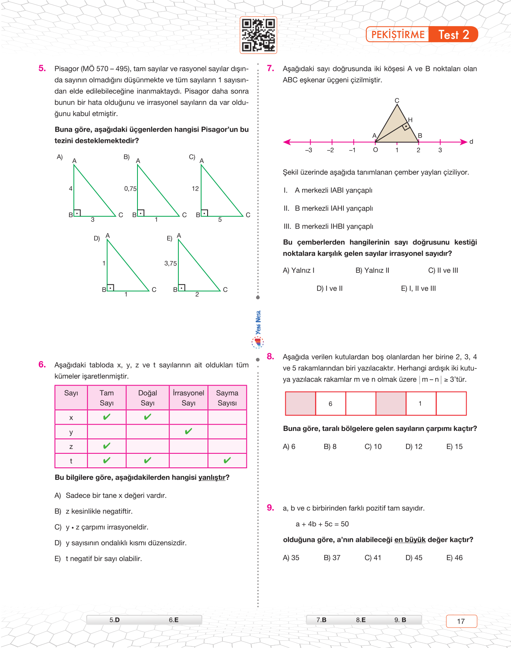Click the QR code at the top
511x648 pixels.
(x=259, y=35)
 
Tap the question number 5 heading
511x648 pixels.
(x=42, y=69)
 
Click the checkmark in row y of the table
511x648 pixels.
(x=188, y=432)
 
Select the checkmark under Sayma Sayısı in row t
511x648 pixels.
(x=227, y=461)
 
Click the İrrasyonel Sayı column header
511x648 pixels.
(x=188, y=398)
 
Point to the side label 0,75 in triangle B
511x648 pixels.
(x=130, y=189)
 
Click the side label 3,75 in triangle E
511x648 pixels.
(x=170, y=264)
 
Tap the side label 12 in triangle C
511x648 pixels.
(x=195, y=189)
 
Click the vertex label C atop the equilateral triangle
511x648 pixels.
(x=397, y=100)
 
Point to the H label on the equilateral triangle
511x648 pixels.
(x=410, y=120)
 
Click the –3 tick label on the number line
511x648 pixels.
(x=308, y=150)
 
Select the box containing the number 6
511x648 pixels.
(x=331, y=404)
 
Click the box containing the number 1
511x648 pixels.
(x=420, y=404)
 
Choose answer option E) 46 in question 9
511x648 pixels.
(x=454, y=558)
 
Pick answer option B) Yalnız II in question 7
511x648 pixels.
(x=372, y=270)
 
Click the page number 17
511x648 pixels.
(x=461, y=621)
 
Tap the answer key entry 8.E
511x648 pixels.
(x=361, y=620)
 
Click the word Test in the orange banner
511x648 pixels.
(x=448, y=35)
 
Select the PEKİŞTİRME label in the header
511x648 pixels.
(x=398, y=35)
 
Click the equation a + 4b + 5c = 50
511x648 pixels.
(x=322, y=524)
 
